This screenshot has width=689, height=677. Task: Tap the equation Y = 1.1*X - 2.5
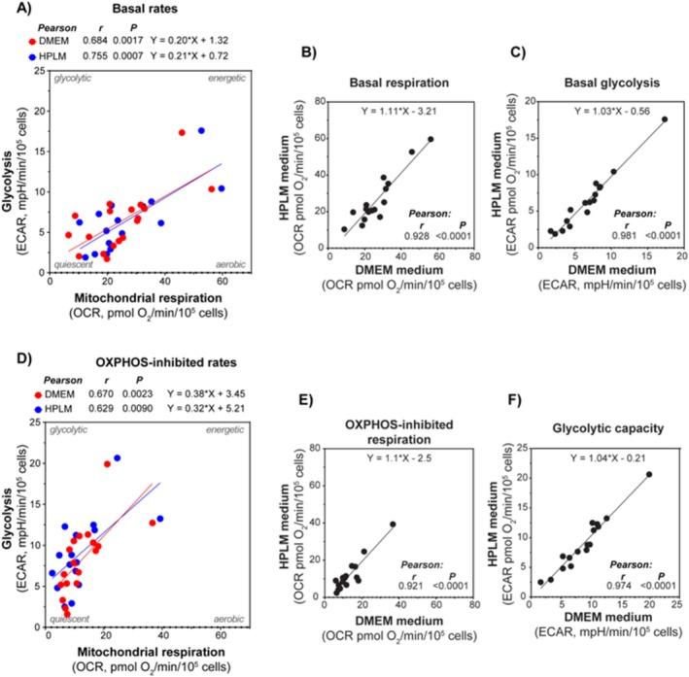pyautogui.click(x=398, y=458)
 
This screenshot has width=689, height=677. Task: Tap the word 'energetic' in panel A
pyautogui.click(x=228, y=78)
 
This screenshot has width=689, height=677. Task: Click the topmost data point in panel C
pyautogui.click(x=665, y=119)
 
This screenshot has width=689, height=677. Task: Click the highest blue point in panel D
pyautogui.click(x=117, y=457)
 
